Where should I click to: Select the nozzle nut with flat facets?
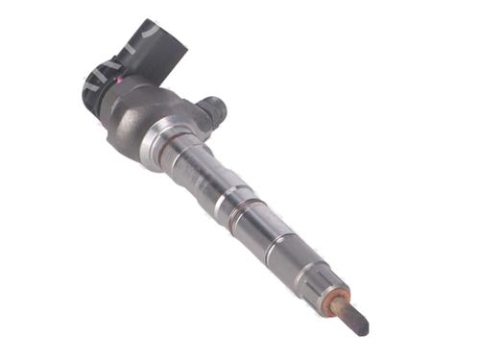(x=288, y=252)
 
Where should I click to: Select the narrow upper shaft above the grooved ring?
(x=197, y=173)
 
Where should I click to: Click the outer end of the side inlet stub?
(x=220, y=107)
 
